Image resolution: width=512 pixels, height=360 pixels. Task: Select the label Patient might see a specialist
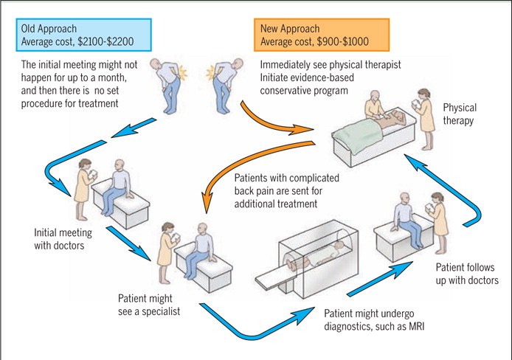[148, 305]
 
